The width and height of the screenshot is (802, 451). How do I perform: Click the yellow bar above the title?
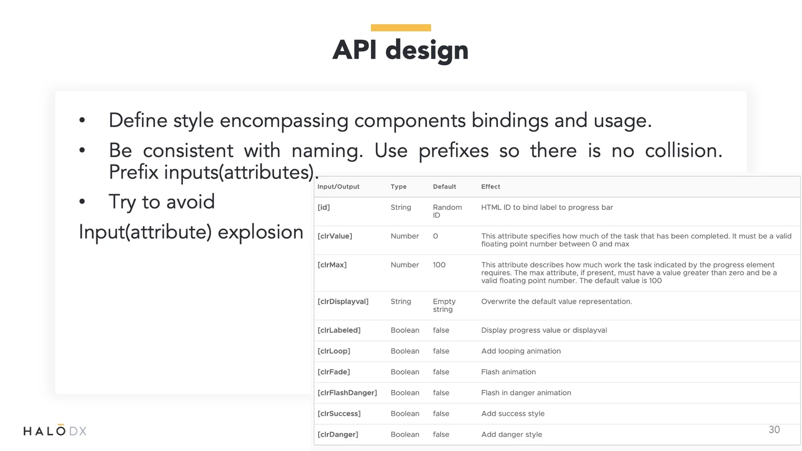click(x=400, y=28)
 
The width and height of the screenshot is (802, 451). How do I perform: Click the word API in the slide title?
click(x=355, y=50)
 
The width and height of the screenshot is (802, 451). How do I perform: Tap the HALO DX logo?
click(x=55, y=430)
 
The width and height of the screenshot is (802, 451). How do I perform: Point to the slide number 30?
click(x=774, y=429)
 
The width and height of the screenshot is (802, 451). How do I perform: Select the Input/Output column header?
click(x=338, y=186)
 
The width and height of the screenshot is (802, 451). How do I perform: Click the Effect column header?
click(x=491, y=186)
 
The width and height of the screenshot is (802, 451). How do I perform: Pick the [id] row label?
click(x=324, y=207)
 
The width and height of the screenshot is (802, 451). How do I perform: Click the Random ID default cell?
click(x=447, y=211)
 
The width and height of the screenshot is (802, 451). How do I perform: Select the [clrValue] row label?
click(x=335, y=236)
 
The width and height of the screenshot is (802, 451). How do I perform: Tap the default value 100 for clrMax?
click(x=439, y=265)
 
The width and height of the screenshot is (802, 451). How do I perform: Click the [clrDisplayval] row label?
click(x=343, y=301)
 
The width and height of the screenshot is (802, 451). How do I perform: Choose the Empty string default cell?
click(x=444, y=305)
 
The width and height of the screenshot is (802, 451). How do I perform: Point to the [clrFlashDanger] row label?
click(x=347, y=393)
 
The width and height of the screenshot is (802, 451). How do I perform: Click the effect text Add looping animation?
click(x=521, y=351)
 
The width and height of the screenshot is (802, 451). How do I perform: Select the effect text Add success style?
click(x=513, y=413)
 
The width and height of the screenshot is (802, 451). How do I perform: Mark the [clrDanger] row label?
click(x=338, y=434)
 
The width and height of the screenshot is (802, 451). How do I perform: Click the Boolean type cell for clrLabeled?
click(x=405, y=330)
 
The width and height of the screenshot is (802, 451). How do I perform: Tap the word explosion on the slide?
click(x=260, y=232)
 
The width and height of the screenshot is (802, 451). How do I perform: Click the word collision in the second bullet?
click(x=684, y=150)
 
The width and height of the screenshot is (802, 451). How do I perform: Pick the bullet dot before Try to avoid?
click(x=82, y=201)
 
